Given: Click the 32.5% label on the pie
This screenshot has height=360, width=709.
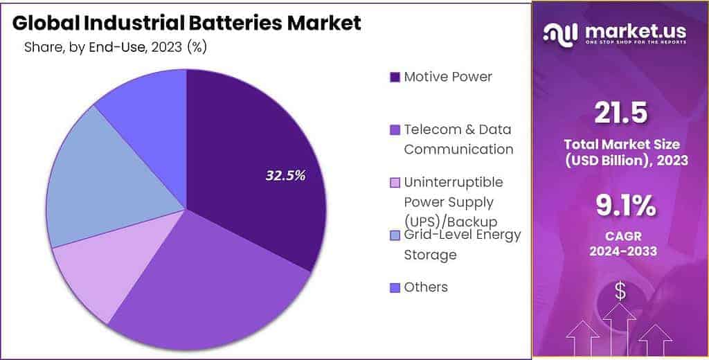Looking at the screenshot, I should (285, 176).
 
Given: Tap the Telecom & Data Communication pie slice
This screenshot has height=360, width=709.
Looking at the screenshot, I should (215, 277).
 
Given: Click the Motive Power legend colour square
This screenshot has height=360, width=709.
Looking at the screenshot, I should (395, 77).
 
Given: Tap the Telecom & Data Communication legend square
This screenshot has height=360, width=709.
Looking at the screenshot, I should (395, 129).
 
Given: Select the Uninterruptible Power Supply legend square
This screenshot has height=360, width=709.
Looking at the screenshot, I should (395, 183).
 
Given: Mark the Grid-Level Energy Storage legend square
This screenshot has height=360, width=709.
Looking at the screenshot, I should (395, 235).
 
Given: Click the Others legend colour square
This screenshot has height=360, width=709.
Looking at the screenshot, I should (395, 287).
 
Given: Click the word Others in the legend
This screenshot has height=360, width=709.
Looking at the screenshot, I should (426, 287).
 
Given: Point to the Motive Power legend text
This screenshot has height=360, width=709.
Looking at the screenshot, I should (448, 77).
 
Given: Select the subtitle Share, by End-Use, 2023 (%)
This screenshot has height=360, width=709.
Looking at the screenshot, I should (116, 48).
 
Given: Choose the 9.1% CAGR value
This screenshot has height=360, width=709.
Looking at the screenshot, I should (620, 206).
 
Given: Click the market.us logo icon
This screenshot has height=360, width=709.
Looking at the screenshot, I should (560, 33).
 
